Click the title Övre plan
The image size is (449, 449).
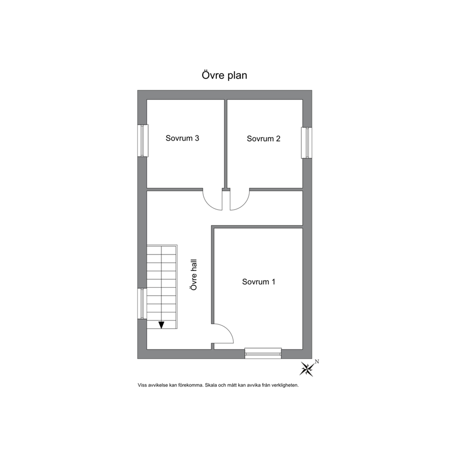(224, 75)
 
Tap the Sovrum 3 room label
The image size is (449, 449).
(182, 139)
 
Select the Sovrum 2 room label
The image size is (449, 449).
(263, 139)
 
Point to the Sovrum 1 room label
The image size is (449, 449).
(258, 282)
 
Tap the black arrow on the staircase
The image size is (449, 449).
(161, 324)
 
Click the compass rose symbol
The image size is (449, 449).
(307, 369)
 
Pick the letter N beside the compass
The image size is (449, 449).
(317, 361)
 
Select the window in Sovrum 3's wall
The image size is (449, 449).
(143, 140)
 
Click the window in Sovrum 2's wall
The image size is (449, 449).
(307, 143)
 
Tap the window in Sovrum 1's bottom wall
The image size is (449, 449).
(263, 353)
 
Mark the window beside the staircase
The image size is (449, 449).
(142, 303)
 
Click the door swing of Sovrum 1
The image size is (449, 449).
(223, 335)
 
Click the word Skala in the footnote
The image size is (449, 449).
(212, 386)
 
